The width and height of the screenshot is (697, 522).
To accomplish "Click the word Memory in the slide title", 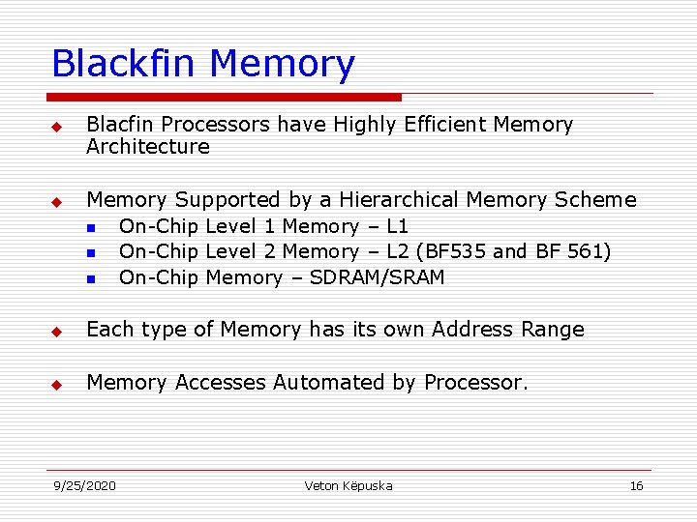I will point(282,66).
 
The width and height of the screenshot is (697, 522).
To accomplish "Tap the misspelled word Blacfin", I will point(121,125).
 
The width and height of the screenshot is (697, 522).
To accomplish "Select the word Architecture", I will point(147,147).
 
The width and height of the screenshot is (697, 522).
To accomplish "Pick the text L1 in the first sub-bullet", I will point(397,226).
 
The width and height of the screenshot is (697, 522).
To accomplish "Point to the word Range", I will point(551,330).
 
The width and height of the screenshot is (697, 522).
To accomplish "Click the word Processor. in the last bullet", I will point(476,383).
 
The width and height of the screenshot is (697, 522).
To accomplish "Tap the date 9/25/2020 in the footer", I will point(84,485).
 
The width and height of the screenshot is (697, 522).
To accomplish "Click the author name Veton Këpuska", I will point(348,485).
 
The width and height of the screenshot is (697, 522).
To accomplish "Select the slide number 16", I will point(636,485).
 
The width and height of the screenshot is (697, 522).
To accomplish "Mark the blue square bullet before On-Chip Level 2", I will point(90,253).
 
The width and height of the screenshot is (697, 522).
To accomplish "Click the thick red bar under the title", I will point(225,97).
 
